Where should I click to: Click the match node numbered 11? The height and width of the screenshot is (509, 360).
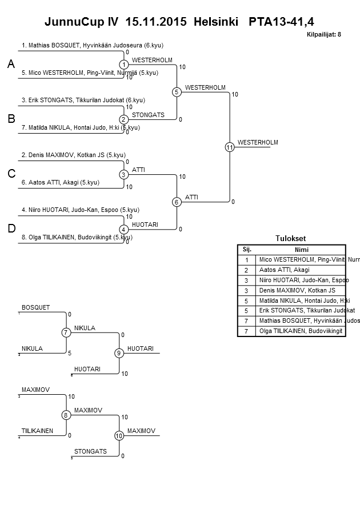tap(230, 147)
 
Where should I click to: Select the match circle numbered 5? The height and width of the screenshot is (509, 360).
tap(177, 92)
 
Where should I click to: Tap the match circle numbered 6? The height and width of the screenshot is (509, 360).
tap(177, 202)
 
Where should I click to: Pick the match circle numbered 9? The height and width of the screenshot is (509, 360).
tap(119, 353)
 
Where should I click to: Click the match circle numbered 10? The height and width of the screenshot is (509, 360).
tap(119, 436)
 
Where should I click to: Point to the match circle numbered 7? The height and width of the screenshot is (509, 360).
tap(66, 332)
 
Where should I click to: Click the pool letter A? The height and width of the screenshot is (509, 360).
tap(11, 65)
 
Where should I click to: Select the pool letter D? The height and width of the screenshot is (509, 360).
tap(11, 229)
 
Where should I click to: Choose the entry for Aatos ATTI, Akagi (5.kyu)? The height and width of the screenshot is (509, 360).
tap(64, 182)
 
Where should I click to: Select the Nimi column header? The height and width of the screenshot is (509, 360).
tap(301, 249)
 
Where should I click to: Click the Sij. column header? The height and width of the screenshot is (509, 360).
tap(247, 249)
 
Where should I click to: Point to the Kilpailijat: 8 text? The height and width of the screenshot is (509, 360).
tap(324, 35)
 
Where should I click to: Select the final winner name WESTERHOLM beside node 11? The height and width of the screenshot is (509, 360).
tap(258, 142)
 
